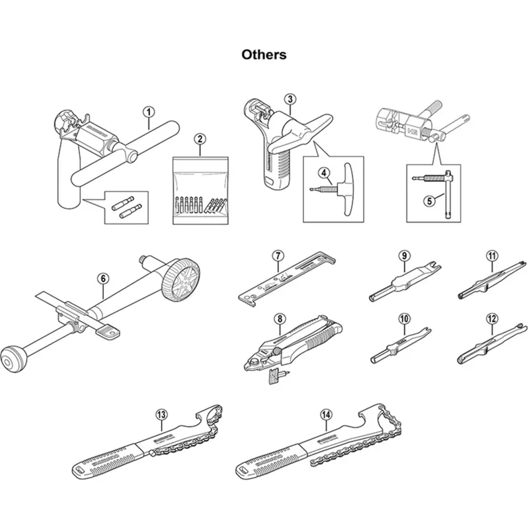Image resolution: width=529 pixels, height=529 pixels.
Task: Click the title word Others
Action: (264, 54)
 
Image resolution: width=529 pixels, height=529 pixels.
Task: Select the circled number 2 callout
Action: (199, 139)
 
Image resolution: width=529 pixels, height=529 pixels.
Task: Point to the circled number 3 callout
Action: (290, 99)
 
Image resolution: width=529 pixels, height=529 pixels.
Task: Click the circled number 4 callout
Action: (324, 173)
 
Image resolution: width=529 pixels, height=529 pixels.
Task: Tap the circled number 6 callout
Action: (103, 278)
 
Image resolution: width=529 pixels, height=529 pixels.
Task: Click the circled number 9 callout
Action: (403, 256)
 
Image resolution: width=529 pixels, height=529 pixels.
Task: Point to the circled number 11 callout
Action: (491, 256)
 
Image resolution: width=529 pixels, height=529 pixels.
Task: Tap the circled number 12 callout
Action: (491, 319)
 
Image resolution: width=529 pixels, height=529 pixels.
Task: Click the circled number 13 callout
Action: (161, 415)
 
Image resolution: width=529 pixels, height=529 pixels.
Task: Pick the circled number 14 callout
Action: (325, 415)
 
